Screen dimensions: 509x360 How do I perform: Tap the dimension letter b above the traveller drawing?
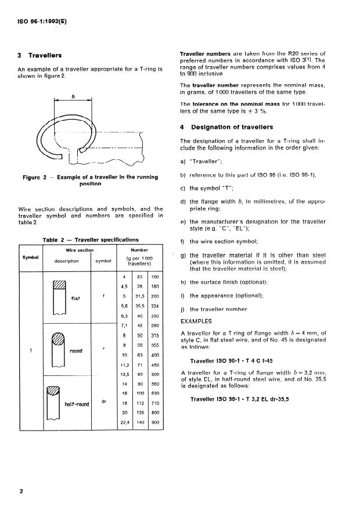73,96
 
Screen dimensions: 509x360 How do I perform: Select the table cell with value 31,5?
140,296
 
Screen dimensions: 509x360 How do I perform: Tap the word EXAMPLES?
196,320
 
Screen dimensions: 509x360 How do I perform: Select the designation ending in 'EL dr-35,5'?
239,399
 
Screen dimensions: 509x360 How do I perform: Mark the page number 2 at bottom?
21,490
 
